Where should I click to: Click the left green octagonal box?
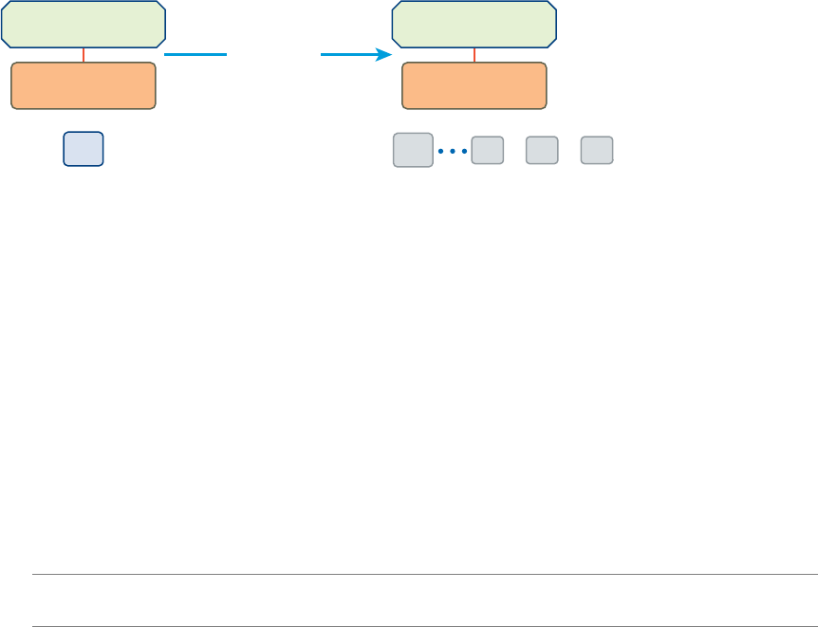pyautogui.click(x=84, y=24)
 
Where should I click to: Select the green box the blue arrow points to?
pyautogui.click(x=474, y=24)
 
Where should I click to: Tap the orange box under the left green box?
pyautogui.click(x=84, y=86)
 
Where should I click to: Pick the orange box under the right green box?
pyautogui.click(x=474, y=86)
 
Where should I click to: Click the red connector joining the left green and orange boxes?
pyautogui.click(x=84, y=55)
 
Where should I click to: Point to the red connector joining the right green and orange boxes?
pyautogui.click(x=474, y=55)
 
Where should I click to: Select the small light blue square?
pyautogui.click(x=84, y=150)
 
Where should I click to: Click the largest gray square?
pyautogui.click(x=413, y=150)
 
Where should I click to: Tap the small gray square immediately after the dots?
pyautogui.click(x=488, y=150)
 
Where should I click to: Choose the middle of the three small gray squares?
pyautogui.click(x=542, y=150)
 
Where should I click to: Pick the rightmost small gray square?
pyautogui.click(x=597, y=150)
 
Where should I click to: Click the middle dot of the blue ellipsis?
pyautogui.click(x=454, y=151)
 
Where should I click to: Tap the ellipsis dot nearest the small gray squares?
pyautogui.click(x=465, y=151)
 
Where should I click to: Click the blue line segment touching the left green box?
pyautogui.click(x=196, y=55)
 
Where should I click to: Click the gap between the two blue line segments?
pyautogui.click(x=274, y=55)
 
